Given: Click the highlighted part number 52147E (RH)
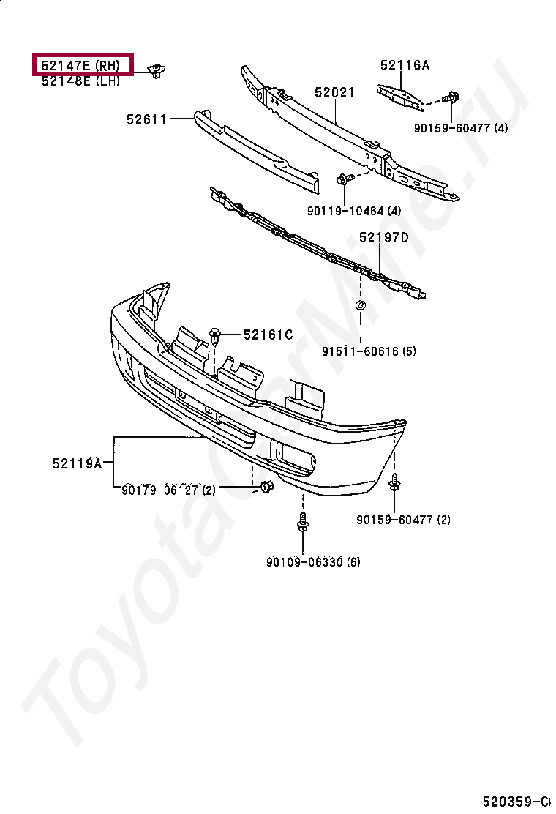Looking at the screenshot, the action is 81,65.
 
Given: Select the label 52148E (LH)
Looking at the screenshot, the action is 80,81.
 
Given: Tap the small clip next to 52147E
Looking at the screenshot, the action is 156,70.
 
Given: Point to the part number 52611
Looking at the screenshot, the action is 146,119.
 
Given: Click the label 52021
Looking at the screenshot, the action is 334,93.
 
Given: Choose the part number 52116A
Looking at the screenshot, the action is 405,65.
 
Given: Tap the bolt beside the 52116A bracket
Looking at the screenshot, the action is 451,97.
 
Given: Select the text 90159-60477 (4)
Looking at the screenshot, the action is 460,128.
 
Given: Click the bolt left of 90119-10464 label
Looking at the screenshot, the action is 344,178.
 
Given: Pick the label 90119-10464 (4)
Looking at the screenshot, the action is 354,212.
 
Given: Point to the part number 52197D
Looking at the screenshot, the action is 383,237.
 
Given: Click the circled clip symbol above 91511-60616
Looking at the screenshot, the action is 361,305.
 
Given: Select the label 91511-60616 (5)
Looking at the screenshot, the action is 369,351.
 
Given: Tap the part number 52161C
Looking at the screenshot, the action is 268,335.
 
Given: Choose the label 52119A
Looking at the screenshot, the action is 77,463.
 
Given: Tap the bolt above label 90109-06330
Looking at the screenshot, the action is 302,523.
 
